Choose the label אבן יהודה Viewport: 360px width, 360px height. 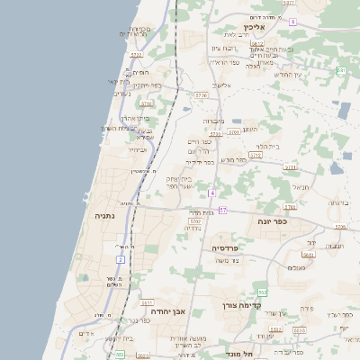click(168, 311)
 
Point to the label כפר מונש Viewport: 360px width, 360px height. click(232, 159)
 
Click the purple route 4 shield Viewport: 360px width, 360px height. click(212, 193)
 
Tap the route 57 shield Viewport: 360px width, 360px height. click(222, 211)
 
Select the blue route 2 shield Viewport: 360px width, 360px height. click(119, 260)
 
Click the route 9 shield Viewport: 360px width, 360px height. click(292, 21)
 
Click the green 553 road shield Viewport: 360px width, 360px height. click(119, 355)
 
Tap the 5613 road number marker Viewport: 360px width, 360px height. click(309, 255)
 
